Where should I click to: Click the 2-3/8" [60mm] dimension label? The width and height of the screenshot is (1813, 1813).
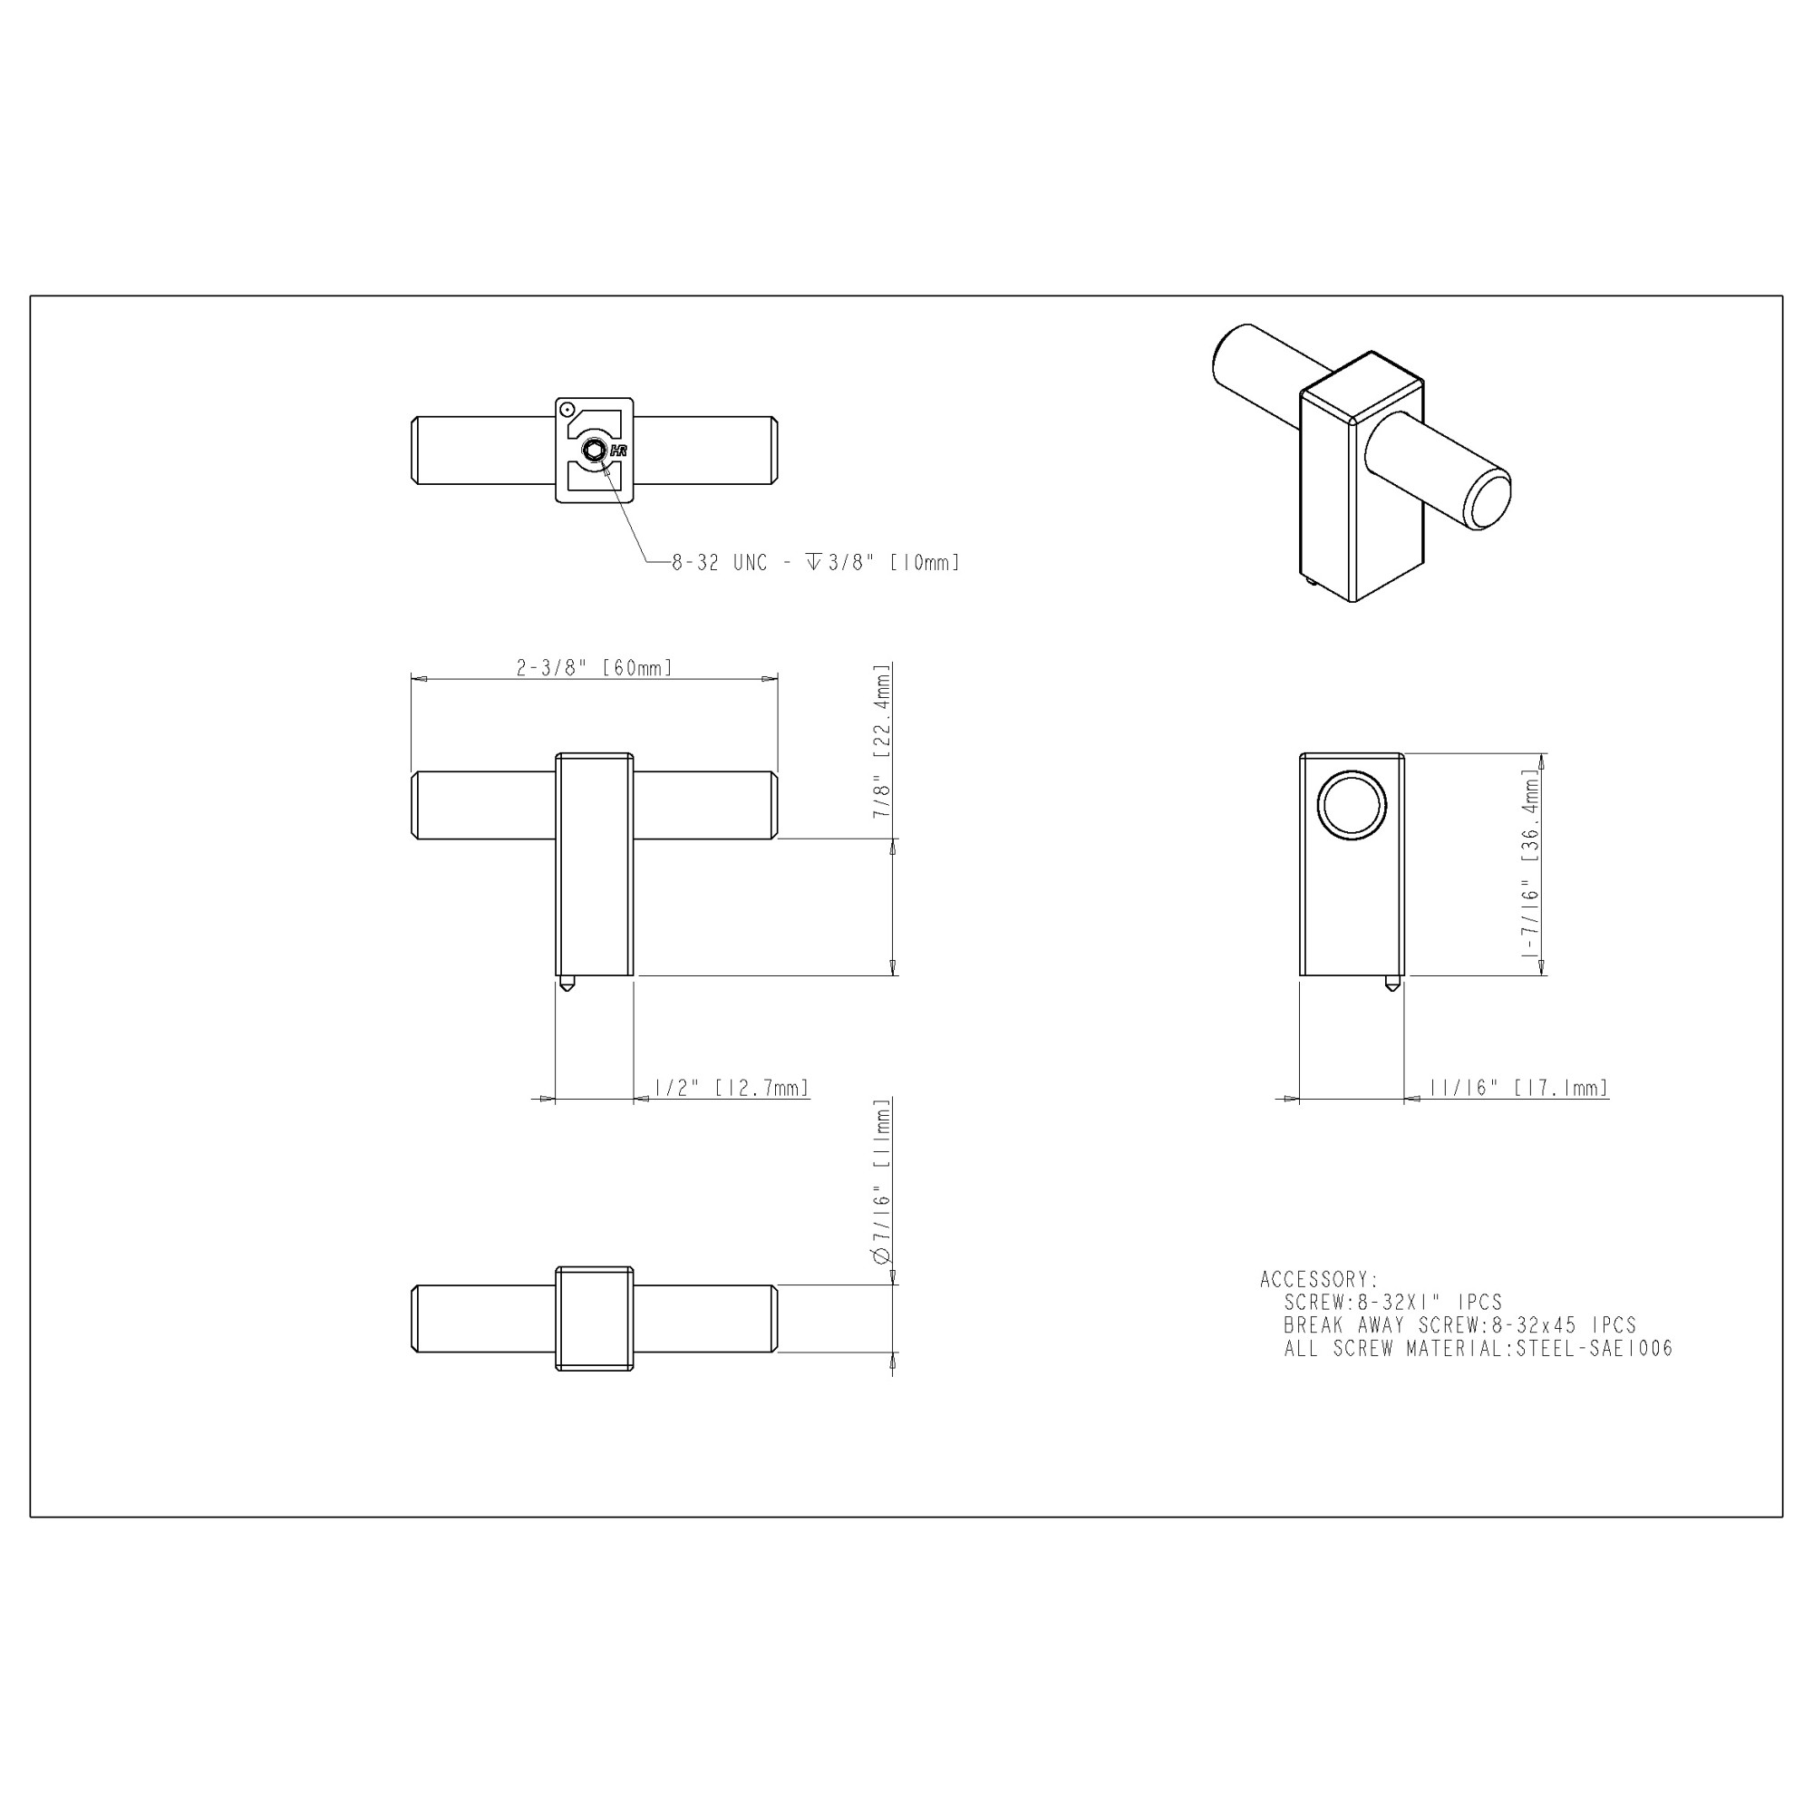594,668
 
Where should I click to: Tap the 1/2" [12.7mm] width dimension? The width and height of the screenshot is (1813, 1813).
731,1088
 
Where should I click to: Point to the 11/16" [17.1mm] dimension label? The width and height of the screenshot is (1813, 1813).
1518,1088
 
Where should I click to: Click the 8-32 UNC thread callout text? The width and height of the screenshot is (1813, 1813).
816,563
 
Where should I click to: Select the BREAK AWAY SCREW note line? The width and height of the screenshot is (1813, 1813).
1460,1325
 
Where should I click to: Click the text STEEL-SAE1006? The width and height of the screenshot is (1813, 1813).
1595,1349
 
